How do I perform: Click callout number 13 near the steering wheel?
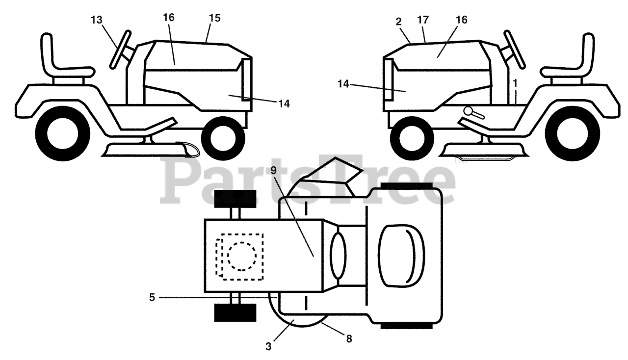97,20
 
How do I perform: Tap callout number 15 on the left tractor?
215,18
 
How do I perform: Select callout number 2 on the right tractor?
399,22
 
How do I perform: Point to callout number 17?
423,20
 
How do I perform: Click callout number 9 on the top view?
274,171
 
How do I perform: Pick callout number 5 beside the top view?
152,298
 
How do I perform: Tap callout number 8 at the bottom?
349,339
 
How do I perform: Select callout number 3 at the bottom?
268,347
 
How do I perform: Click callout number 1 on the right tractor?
515,83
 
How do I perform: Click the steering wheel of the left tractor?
120,50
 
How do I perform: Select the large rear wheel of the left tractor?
63,134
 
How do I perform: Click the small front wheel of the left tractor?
223,138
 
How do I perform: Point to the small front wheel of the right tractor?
412,138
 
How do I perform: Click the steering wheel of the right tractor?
515,50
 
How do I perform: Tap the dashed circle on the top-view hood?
242,256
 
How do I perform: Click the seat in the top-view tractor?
401,256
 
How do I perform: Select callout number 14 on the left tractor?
284,104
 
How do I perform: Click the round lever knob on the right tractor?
468,111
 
